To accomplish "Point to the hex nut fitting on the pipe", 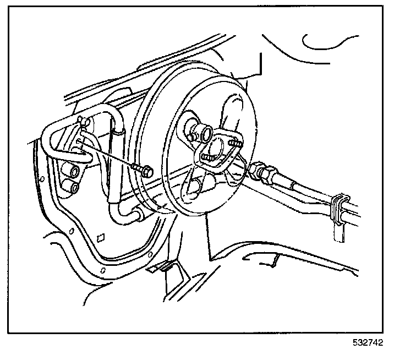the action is coord(262,173).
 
